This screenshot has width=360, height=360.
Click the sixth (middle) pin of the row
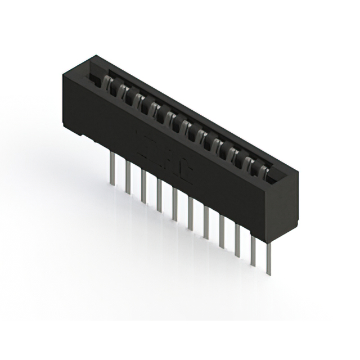click(x=191, y=213)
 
